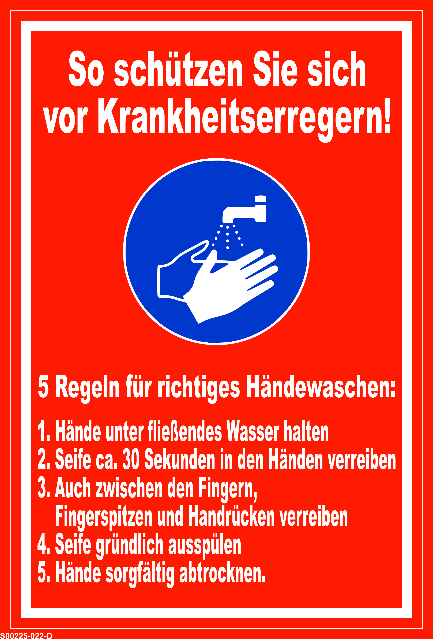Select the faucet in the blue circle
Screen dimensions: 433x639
(244, 209)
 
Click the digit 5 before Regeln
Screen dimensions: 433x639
(43, 387)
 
